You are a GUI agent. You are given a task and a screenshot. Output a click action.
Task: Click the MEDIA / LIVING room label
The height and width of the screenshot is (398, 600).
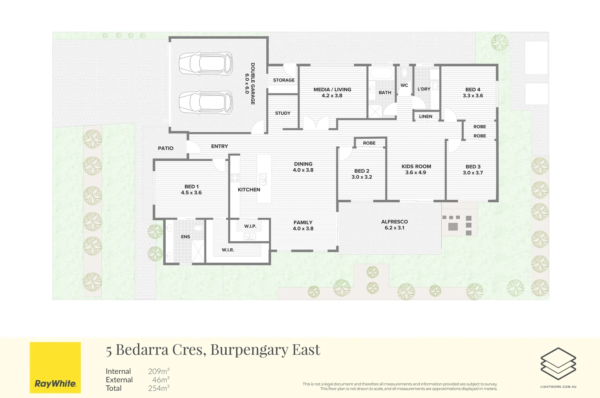click(x=332, y=90)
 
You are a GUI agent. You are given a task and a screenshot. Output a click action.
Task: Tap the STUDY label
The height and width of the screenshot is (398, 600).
click(x=283, y=113)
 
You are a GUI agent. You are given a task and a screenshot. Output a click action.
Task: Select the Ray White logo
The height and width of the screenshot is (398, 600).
click(x=55, y=367)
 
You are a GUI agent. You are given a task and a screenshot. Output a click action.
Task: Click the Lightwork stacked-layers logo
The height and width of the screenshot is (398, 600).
click(x=558, y=363)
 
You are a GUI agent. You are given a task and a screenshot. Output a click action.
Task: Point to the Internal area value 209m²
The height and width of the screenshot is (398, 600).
click(x=159, y=371)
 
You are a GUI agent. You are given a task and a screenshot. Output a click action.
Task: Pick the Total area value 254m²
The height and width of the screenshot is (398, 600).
click(x=159, y=388)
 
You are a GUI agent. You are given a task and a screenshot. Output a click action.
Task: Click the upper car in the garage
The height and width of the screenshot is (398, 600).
click(x=206, y=63)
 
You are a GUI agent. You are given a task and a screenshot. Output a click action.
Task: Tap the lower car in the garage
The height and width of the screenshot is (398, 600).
click(x=206, y=102)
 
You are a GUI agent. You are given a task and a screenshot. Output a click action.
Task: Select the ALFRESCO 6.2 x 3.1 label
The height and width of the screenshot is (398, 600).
click(x=394, y=224)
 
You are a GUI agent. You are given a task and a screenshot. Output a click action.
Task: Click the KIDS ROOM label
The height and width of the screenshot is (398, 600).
click(x=416, y=167)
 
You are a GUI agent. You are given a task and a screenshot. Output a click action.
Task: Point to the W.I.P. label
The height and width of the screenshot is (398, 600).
click(x=250, y=226)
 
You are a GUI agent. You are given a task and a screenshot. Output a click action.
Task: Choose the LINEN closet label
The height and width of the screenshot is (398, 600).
click(x=426, y=116)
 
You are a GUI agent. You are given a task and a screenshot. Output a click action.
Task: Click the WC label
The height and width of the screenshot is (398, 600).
click(x=404, y=85)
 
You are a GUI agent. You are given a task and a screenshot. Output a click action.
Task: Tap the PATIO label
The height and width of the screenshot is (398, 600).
click(x=165, y=148)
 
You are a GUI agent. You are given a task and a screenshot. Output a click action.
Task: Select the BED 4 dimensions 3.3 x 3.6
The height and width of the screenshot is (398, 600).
click(x=473, y=96)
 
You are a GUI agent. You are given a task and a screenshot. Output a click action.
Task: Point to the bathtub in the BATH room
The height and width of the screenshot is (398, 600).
click(x=382, y=73)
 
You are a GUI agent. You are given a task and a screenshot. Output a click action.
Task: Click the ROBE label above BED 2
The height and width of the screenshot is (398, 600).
click(x=369, y=143)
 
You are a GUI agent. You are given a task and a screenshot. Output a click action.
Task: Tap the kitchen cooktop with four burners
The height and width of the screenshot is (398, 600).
click(x=235, y=178)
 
